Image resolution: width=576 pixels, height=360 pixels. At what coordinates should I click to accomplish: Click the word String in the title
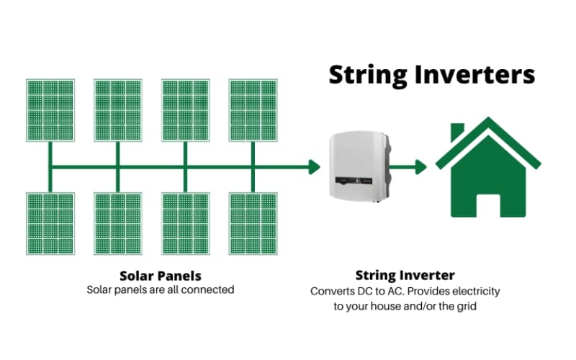(x=368, y=76)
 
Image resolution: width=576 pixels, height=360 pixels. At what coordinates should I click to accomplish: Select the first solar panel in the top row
(x=50, y=110)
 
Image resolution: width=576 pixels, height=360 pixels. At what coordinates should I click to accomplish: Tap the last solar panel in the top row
(x=253, y=110)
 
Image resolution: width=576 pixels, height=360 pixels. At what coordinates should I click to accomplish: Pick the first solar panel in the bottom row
(x=50, y=223)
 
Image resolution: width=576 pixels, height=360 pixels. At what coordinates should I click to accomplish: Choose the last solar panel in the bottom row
(x=253, y=223)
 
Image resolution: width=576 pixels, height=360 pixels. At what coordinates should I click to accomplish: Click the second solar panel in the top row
(x=118, y=110)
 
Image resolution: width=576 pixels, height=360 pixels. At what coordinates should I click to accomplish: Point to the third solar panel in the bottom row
(x=186, y=223)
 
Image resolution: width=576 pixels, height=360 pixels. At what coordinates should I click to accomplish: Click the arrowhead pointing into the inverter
(x=315, y=167)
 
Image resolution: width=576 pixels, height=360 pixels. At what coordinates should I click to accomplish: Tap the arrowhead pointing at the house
(x=421, y=167)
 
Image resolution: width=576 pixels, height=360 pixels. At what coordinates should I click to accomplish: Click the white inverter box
(x=359, y=166)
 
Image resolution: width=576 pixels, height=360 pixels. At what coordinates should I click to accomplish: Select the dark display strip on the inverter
(x=354, y=181)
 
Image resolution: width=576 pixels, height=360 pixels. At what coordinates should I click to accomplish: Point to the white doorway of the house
(x=488, y=205)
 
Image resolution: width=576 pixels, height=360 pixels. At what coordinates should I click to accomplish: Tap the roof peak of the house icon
(x=488, y=119)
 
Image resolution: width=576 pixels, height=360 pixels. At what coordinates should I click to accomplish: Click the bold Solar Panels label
(x=161, y=276)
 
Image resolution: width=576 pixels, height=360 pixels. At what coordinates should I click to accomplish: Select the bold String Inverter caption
(x=405, y=275)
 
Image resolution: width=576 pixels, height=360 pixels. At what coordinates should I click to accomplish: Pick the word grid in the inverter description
(x=467, y=307)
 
